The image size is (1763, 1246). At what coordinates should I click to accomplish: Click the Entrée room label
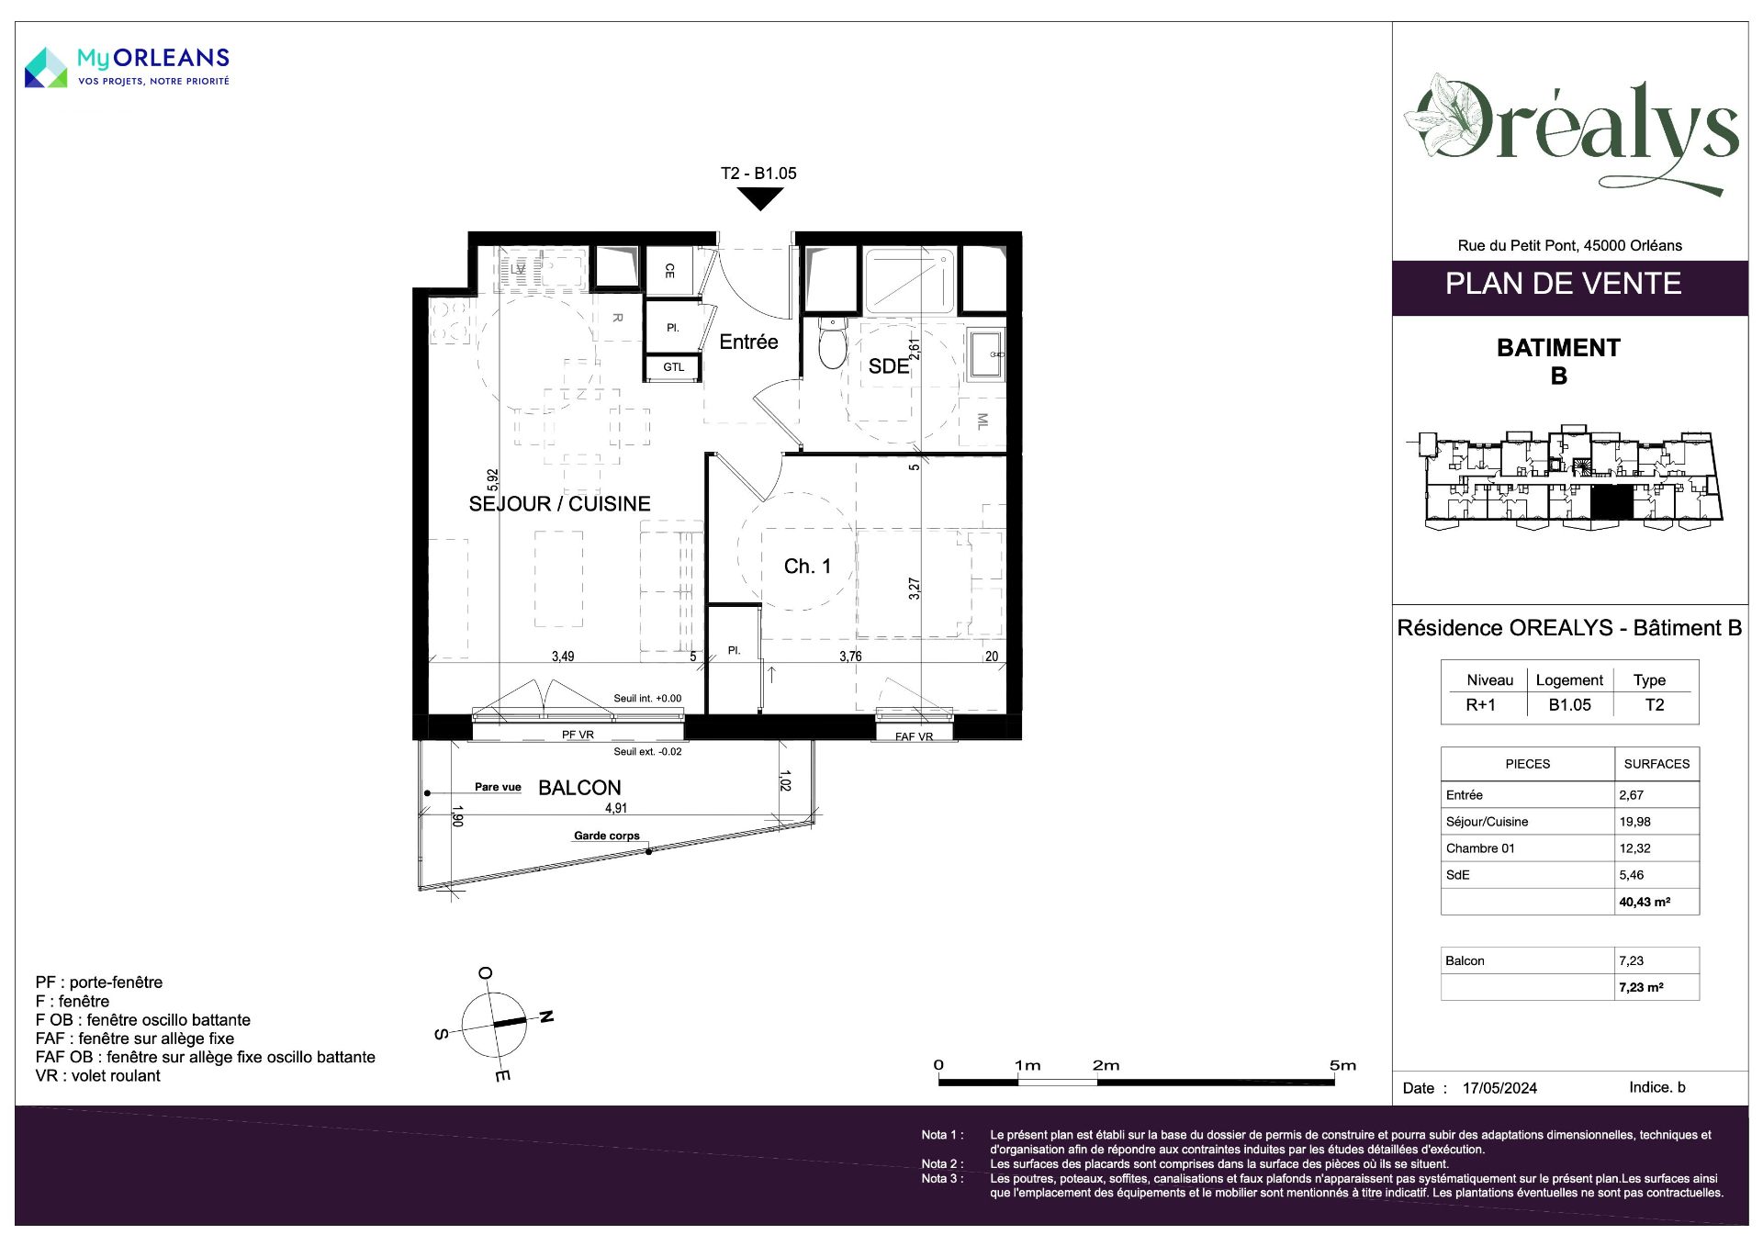pos(748,342)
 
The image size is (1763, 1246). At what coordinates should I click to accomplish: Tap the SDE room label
pos(889,366)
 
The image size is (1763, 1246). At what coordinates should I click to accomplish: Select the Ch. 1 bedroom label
pos(807,567)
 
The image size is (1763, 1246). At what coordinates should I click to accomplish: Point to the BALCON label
pos(579,788)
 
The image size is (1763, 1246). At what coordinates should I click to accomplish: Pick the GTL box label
pos(674,367)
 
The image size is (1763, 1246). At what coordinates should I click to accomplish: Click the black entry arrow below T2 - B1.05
pos(760,198)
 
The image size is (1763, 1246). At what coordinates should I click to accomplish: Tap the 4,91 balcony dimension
pos(616,808)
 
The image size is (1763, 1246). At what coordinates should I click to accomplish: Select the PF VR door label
pos(578,735)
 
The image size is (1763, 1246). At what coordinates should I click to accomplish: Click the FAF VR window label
pos(914,736)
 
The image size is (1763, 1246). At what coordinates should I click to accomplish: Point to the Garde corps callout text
pos(607,836)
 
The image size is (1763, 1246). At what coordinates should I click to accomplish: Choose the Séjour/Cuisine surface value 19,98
pos(1634,822)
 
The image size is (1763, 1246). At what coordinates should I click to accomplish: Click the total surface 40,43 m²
pos(1645,902)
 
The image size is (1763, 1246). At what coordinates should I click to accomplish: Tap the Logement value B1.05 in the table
pos(1569,705)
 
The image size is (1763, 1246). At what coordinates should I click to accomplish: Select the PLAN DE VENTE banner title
pos(1563,284)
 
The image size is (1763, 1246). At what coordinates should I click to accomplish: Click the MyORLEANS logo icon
pos(46,68)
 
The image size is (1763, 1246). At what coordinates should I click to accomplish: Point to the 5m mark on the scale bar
pos(1342,1065)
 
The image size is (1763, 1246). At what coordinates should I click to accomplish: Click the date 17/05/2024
pos(1499,1088)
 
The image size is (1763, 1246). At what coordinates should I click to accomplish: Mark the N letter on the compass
pos(546,1016)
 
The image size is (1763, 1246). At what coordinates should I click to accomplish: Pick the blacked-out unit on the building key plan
pos(1611,502)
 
